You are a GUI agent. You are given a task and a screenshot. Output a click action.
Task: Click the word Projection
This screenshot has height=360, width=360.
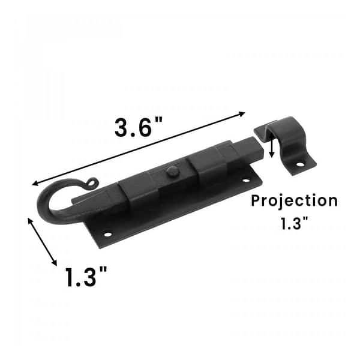294,200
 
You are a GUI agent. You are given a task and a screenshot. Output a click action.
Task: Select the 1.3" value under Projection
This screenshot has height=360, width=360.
294,224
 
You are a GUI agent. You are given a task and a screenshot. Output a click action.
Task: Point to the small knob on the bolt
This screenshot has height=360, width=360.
172,172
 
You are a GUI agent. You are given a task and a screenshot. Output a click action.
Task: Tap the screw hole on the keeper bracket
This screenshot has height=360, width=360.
300,163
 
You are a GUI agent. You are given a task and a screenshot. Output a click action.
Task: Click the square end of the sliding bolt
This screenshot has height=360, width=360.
251,148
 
